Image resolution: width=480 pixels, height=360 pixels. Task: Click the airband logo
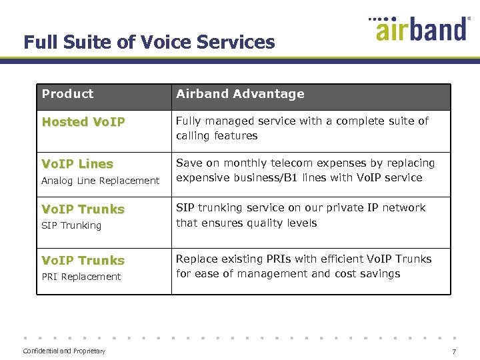[x=421, y=29]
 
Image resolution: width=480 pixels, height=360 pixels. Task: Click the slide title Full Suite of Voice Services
[x=149, y=42]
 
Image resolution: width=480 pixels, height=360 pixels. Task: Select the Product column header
[x=67, y=94]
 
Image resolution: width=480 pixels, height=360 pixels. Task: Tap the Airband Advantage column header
[x=240, y=94]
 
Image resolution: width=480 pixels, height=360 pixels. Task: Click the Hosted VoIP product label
[x=83, y=122]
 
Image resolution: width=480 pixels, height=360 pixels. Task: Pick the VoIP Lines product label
[x=77, y=164]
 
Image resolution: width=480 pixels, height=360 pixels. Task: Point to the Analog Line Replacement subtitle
[x=100, y=181]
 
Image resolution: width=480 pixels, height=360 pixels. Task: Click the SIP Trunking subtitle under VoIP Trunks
[x=71, y=225]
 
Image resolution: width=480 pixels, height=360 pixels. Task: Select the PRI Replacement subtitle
[x=81, y=277]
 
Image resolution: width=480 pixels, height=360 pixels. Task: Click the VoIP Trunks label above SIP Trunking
[x=83, y=209]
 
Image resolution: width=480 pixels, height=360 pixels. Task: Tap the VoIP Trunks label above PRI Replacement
[x=83, y=261]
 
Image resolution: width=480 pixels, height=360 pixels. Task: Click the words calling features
[x=217, y=136]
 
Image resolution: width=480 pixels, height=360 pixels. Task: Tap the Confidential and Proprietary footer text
[x=64, y=351]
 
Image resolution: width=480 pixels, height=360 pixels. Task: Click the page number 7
[x=454, y=351]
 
